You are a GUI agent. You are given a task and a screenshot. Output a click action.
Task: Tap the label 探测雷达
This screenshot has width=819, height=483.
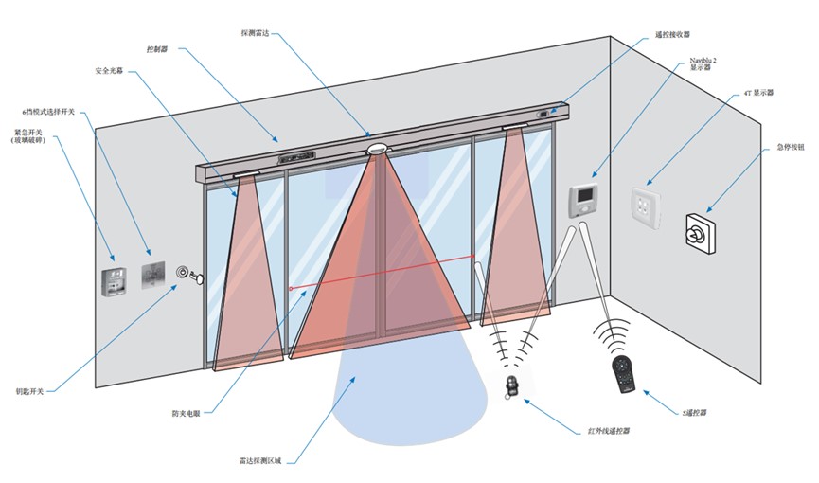pyautogui.click(x=255, y=32)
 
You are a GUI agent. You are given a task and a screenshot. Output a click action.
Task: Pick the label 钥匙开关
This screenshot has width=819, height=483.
pyautogui.click(x=29, y=390)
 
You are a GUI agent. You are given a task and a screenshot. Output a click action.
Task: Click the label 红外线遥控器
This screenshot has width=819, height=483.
pyautogui.click(x=608, y=431)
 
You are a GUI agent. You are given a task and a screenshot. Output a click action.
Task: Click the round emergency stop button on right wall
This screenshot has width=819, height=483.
pyautogui.click(x=702, y=232)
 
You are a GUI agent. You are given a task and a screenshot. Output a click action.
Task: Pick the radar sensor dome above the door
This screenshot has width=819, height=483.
pyautogui.click(x=378, y=148)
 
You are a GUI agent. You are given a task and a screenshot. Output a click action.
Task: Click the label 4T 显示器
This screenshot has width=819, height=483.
pyautogui.click(x=758, y=94)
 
